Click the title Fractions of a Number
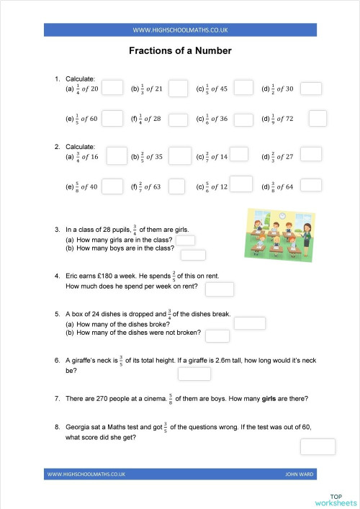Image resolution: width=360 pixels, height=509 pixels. click(180, 51)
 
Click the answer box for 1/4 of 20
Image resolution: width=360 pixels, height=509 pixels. click(112, 89)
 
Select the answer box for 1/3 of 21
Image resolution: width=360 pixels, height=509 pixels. click(178, 89)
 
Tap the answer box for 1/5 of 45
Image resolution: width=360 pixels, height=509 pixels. click(244, 88)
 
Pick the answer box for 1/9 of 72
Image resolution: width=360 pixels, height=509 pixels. click(318, 117)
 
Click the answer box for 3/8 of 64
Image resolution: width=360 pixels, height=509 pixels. click(310, 186)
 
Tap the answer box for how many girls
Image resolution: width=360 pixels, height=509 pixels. click(186, 240)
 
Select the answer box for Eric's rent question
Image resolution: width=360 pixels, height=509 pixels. click(220, 289)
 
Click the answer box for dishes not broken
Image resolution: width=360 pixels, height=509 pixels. click(217, 335)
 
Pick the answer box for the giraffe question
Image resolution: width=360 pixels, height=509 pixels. click(194, 374)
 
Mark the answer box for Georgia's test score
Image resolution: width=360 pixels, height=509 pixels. click(318, 446)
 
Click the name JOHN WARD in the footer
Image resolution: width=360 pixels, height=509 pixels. click(300, 474)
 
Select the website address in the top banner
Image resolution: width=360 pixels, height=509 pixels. click(180, 30)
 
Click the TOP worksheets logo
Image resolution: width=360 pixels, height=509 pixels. click(335, 499)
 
